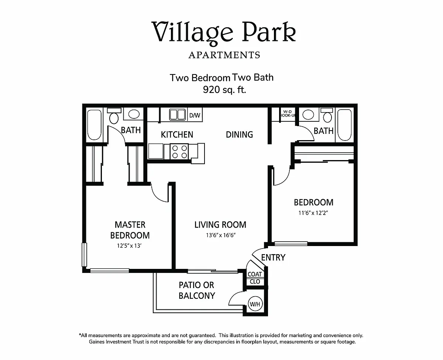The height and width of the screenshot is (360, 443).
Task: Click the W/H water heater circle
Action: click(255, 304)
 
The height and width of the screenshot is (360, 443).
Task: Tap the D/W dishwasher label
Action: click(195, 115)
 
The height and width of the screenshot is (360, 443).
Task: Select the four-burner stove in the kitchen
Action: click(179, 152)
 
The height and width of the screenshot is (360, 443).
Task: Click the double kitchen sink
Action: click(178, 114)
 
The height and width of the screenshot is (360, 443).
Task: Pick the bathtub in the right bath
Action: click(344, 125)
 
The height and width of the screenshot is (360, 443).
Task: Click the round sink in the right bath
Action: click(308, 115)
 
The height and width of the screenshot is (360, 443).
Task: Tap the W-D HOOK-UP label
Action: click(288, 114)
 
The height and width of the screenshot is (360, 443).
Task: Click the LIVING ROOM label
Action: click(220, 225)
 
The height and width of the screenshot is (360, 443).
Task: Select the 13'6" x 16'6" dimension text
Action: click(221, 235)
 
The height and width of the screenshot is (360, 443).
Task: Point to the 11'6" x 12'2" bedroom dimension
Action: click(313, 213)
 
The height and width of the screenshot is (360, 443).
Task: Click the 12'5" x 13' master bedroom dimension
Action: click(129, 246)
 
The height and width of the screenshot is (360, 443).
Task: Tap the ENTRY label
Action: click(273, 257)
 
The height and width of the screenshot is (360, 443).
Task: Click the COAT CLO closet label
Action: click(255, 278)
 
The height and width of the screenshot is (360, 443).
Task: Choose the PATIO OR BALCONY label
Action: click(197, 290)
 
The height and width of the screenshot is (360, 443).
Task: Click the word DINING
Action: click(239, 135)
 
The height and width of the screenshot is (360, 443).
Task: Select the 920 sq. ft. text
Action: click(224, 90)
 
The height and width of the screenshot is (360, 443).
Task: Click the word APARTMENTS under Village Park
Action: click(224, 55)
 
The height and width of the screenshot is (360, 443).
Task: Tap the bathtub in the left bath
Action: click(94, 125)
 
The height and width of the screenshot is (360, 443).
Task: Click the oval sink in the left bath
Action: click(134, 114)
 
